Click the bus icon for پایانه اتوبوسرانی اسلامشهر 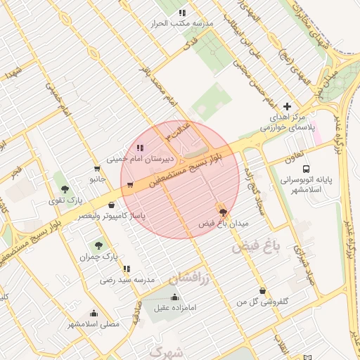point(306,169)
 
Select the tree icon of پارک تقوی point(65,188)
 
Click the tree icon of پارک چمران point(98,245)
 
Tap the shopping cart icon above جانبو point(96,168)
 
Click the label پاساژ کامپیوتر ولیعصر point(113,216)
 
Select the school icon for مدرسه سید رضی point(127,269)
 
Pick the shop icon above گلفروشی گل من point(262,291)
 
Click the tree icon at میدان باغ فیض point(223,211)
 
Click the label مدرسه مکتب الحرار point(181,23)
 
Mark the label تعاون point(294,156)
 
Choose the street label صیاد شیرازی point(304,267)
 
